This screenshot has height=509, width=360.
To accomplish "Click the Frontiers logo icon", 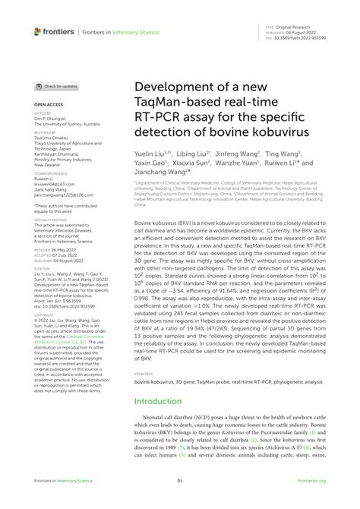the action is tap(38, 31).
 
